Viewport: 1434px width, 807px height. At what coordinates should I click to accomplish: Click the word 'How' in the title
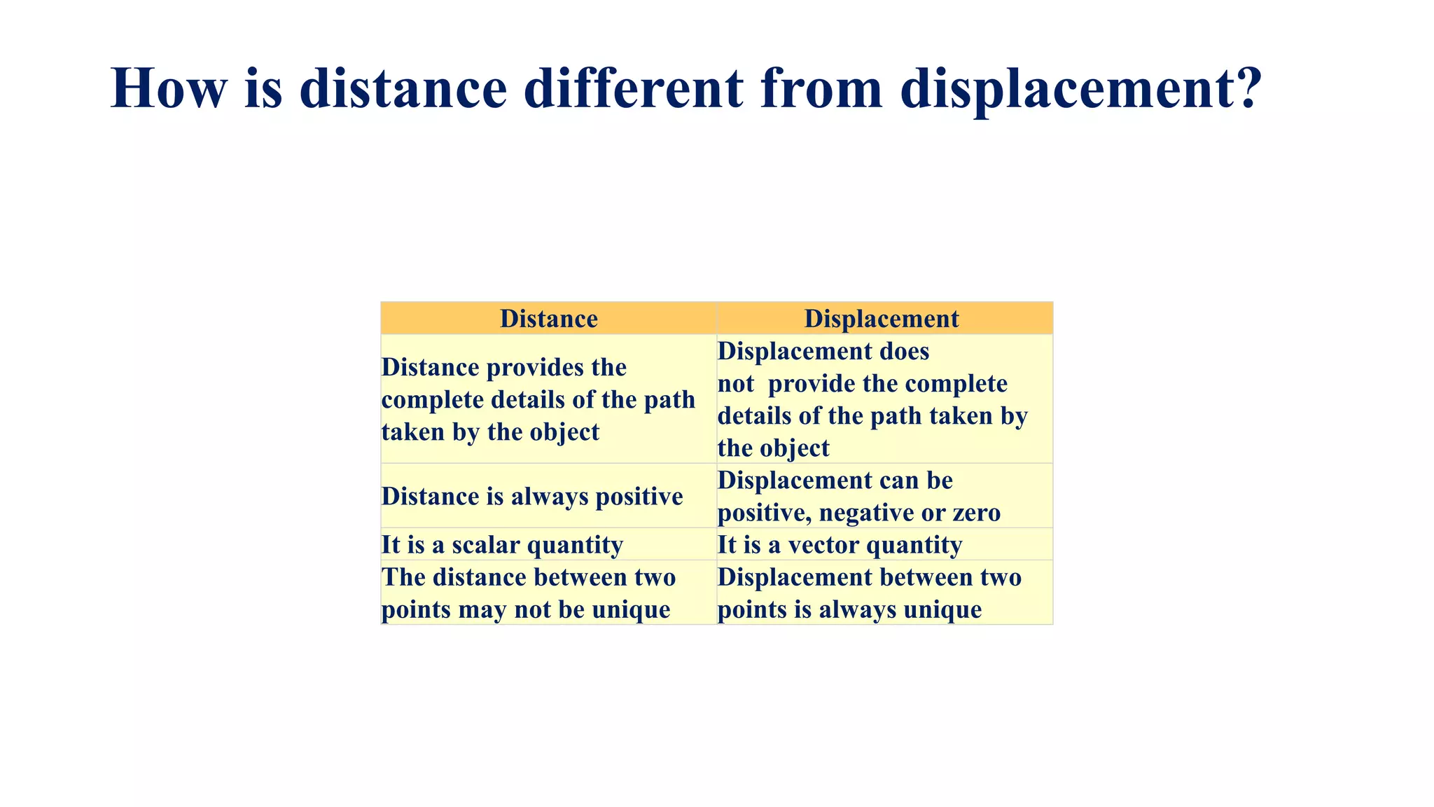[x=169, y=88]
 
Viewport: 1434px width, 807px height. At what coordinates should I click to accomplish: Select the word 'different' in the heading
[x=634, y=88]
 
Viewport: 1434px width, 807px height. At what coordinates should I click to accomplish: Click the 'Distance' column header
[x=548, y=319]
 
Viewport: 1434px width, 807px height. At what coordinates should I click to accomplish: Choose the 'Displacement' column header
[x=881, y=319]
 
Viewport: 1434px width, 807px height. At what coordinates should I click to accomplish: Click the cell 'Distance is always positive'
[x=532, y=496]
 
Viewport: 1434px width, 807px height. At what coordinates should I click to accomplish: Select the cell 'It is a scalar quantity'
[x=502, y=544]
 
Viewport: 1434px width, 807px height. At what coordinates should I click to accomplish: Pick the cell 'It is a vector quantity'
[x=840, y=544]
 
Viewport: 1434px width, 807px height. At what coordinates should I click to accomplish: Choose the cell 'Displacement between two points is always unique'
[x=869, y=593]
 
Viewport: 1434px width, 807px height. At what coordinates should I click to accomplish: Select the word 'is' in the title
[x=263, y=88]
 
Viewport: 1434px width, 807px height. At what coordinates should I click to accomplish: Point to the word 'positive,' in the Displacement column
[x=765, y=513]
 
